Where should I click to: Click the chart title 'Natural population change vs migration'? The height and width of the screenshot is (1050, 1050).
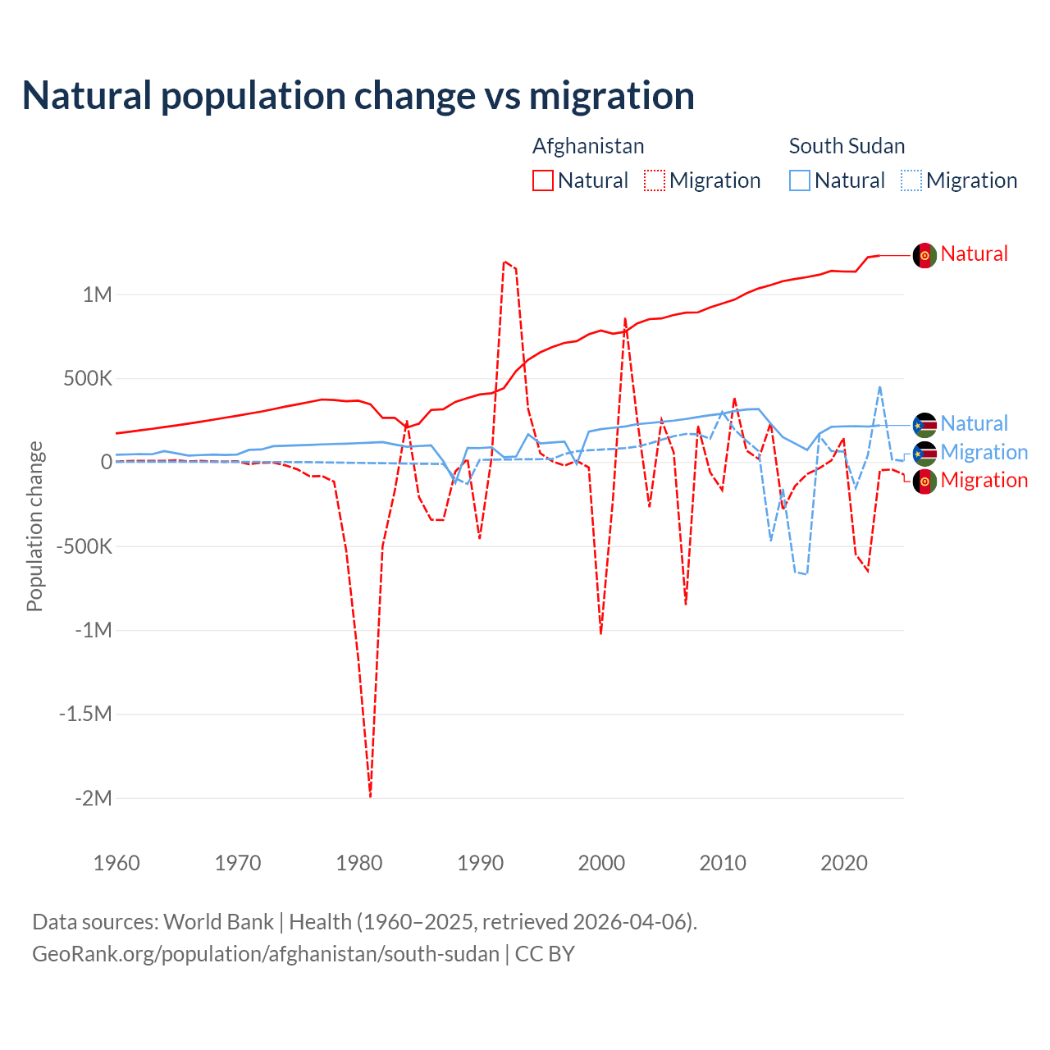click(x=358, y=96)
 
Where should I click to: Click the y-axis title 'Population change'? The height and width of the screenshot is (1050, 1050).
click(x=34, y=526)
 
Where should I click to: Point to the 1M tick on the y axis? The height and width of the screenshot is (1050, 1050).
click(x=97, y=294)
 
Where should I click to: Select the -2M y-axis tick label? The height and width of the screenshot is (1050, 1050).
click(x=93, y=798)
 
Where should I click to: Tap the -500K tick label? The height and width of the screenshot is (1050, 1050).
click(x=84, y=546)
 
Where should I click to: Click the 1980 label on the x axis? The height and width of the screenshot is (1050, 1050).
click(x=359, y=863)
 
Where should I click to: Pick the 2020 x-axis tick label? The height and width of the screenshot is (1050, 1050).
click(x=844, y=863)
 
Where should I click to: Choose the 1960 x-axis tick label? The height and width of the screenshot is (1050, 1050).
click(x=116, y=863)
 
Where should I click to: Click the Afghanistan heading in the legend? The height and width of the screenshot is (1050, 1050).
click(x=588, y=146)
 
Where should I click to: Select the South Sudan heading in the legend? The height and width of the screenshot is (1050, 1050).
click(x=847, y=146)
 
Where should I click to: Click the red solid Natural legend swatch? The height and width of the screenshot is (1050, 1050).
click(x=543, y=180)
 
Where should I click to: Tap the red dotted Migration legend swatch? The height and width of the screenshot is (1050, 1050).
click(x=655, y=180)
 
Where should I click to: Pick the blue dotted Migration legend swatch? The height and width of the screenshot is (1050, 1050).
click(x=911, y=180)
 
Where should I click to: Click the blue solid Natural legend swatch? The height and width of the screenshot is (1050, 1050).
click(x=800, y=180)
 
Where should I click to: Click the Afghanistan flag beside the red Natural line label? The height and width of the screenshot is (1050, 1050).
click(x=924, y=255)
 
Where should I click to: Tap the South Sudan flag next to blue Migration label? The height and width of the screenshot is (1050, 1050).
click(x=924, y=453)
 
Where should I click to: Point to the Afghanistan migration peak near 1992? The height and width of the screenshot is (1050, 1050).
click(x=504, y=262)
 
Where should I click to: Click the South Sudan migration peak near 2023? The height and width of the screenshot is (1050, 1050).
click(x=880, y=386)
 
